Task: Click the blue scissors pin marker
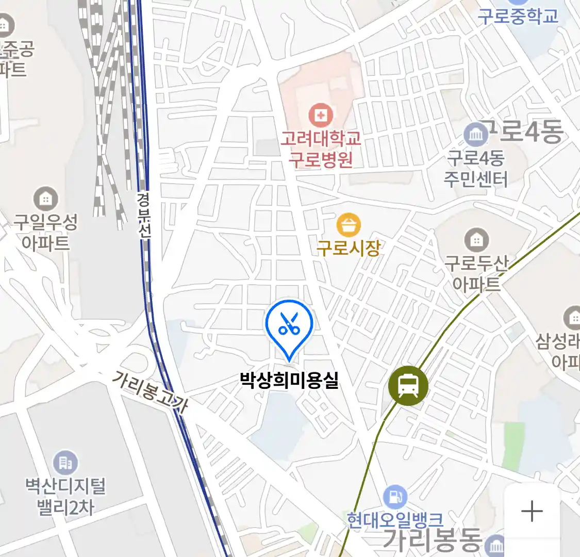coord(289,325)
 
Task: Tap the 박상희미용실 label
coord(289,381)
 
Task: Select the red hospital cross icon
coord(321,115)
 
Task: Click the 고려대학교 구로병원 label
coord(321,149)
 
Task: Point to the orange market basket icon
coord(349,225)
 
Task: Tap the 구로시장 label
coord(349,248)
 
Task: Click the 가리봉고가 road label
coord(150,391)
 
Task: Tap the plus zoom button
coord(532,512)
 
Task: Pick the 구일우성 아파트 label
coord(45,233)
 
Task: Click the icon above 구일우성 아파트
coord(46,199)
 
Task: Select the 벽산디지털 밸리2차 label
coord(65,496)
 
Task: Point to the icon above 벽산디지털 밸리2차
coord(65,463)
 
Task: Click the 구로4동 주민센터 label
coord(476,168)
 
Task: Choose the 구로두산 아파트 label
coord(476,273)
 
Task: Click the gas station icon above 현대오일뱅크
coord(395,497)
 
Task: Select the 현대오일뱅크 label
coord(395,519)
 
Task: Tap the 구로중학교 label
coord(518,16)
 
